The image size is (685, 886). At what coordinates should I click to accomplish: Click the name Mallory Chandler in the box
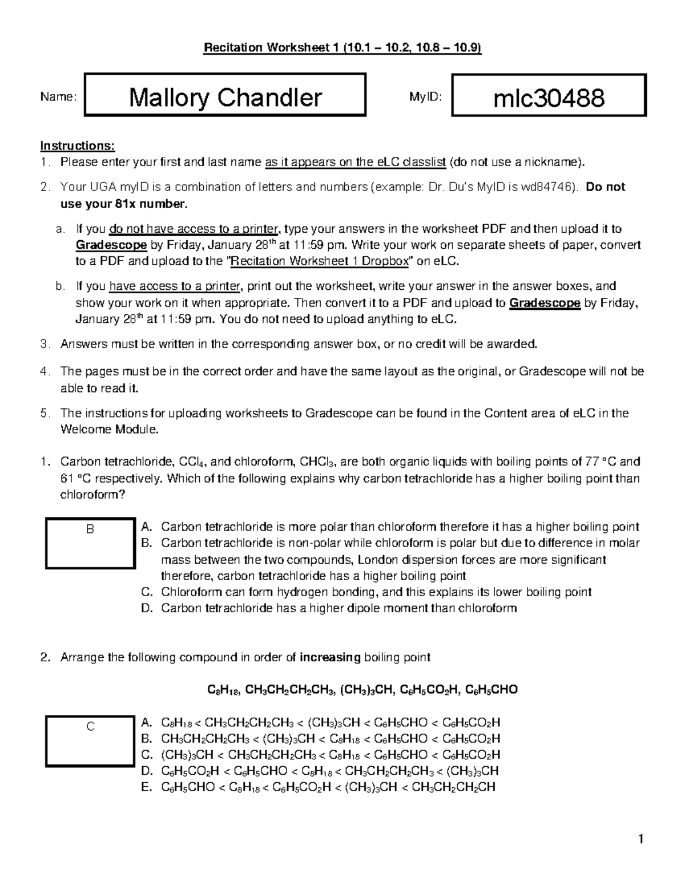(225, 98)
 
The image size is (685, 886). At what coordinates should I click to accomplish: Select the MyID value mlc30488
(549, 98)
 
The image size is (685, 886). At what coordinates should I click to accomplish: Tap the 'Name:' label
(57, 97)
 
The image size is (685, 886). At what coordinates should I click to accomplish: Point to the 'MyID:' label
(425, 97)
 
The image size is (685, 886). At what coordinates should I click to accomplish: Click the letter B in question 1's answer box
(90, 529)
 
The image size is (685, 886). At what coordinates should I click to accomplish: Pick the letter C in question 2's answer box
(90, 726)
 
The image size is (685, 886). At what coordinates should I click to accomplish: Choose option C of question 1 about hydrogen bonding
(376, 592)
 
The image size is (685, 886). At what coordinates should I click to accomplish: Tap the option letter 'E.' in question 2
(146, 787)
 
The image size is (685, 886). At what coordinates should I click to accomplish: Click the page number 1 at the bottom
(641, 839)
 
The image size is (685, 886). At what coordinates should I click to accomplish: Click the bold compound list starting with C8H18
(362, 690)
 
